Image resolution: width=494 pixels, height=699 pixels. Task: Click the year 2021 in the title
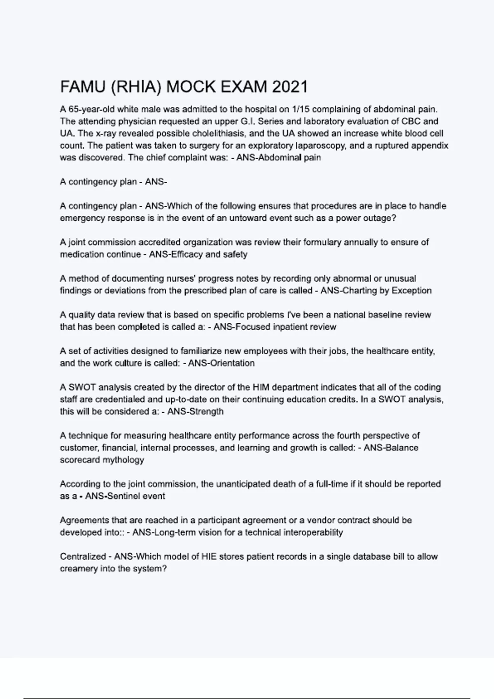(290, 87)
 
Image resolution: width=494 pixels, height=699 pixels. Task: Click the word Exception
(411, 291)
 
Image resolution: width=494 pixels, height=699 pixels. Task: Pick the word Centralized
(83, 557)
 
